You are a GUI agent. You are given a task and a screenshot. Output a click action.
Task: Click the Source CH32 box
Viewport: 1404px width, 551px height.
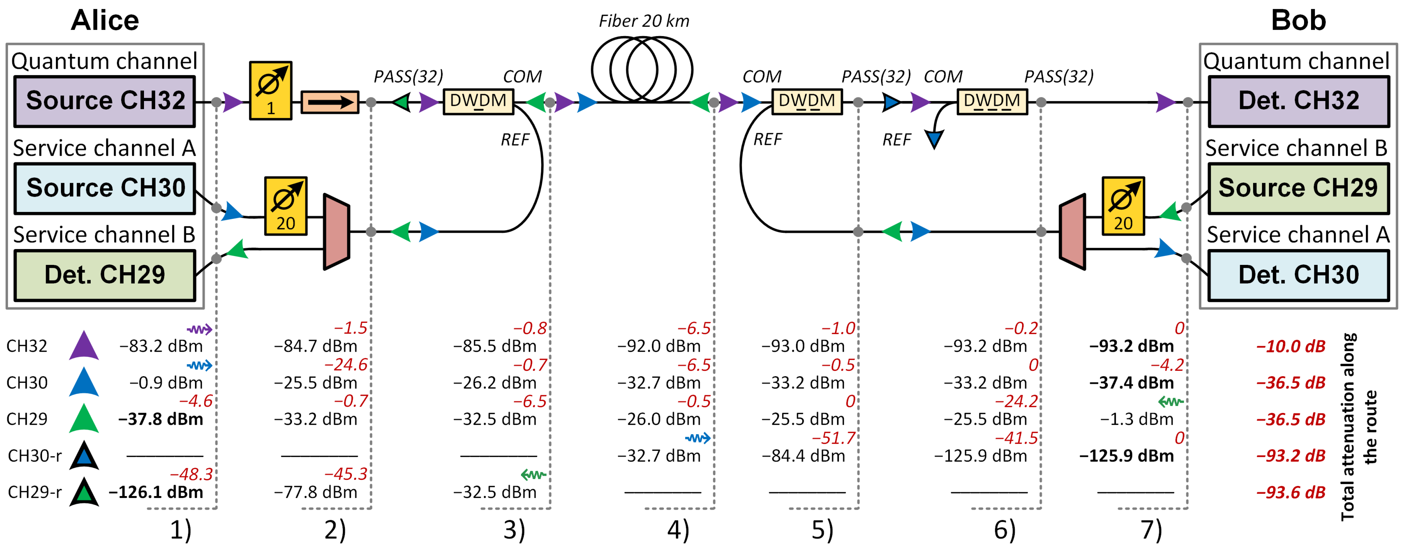105,101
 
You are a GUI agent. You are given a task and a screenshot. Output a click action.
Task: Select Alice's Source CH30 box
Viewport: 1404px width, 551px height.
105,188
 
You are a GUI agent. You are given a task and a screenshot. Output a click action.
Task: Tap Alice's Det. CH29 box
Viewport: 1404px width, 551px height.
105,275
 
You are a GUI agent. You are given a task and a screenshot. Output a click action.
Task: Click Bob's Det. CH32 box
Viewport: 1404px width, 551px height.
1298,101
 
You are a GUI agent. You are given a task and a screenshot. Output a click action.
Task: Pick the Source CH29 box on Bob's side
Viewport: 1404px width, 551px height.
1298,188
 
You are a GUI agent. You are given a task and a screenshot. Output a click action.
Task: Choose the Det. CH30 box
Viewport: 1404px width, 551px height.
1298,275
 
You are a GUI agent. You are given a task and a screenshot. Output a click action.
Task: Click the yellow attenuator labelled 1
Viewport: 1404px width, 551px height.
270,90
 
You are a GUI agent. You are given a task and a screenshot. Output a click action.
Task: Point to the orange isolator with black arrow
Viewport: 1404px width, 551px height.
330,102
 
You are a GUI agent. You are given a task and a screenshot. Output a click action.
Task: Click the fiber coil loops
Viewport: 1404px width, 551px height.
642,70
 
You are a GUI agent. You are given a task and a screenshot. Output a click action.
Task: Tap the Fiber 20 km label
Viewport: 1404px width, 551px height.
644,21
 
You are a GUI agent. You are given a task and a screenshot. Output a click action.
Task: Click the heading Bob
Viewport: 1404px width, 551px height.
1298,21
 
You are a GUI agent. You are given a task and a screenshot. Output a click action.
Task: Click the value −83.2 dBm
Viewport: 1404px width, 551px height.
161,346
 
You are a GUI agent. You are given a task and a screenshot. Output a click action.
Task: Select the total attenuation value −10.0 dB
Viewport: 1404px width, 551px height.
1290,346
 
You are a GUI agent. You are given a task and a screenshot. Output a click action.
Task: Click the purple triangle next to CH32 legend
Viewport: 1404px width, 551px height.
84,346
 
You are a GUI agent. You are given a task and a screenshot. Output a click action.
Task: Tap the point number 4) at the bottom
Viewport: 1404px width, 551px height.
678,530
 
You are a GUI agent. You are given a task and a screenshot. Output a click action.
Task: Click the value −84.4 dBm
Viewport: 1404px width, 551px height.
803,456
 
